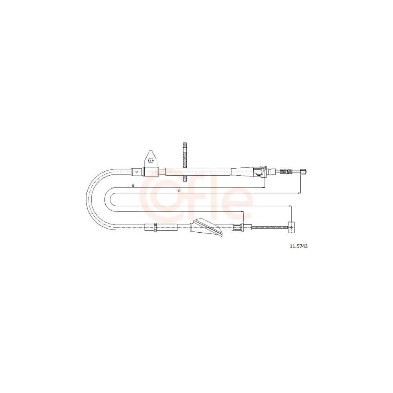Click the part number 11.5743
tap(299, 246)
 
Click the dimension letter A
tap(179, 191)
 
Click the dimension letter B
tap(133, 185)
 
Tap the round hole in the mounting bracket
tap(151, 160)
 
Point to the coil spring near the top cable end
tap(286, 172)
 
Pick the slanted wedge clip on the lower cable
tap(206, 227)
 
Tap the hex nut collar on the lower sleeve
tap(155, 227)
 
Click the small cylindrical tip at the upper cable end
tap(303, 172)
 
